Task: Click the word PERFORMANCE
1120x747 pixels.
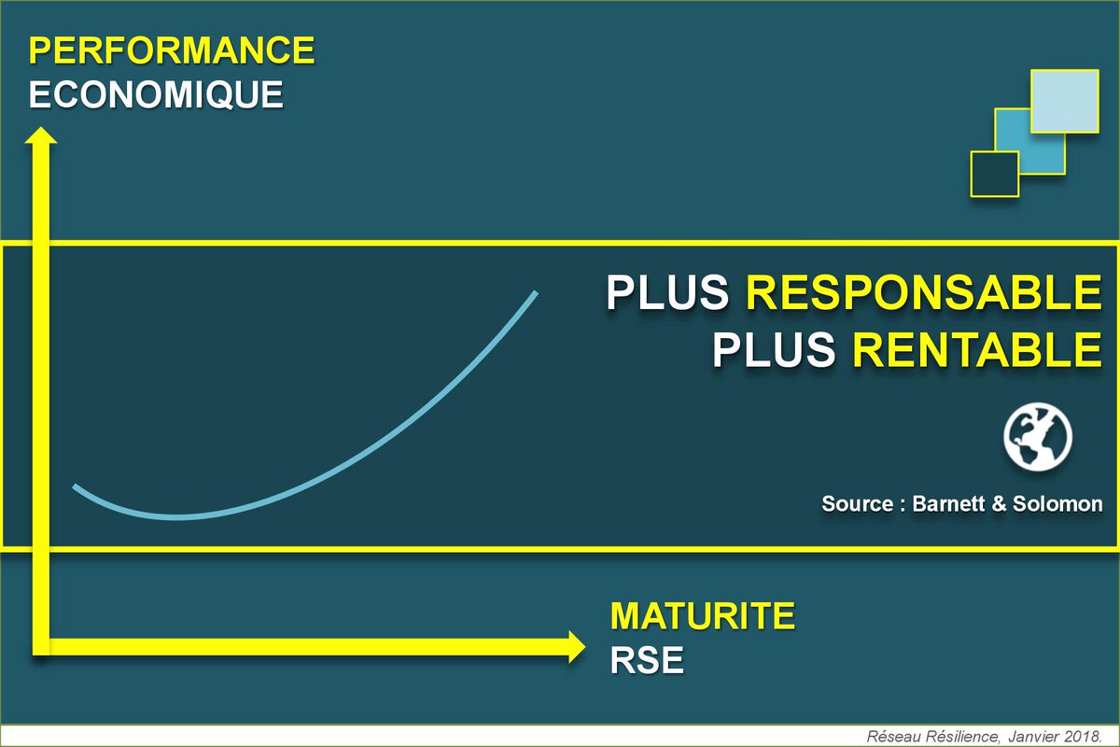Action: click(172, 50)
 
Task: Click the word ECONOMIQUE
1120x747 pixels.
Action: click(156, 94)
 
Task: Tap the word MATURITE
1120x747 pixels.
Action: click(703, 616)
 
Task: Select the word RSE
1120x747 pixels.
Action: click(647, 660)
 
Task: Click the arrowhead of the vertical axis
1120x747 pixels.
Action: click(40, 137)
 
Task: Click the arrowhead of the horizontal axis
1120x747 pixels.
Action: click(575, 647)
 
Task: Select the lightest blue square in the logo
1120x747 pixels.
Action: click(1064, 100)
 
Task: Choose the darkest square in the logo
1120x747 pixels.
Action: click(994, 174)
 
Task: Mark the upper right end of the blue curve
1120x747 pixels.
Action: click(536, 293)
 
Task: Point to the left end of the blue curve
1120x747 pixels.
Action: click(76, 486)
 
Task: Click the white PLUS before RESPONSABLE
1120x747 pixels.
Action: click(667, 293)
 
